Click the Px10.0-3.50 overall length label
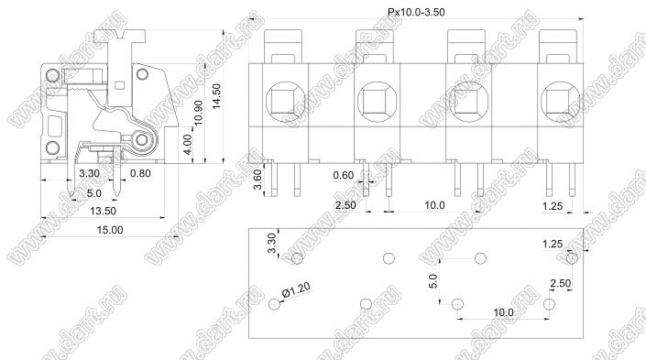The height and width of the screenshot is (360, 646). tap(416, 12)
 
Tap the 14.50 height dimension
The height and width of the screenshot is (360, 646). tap(216, 96)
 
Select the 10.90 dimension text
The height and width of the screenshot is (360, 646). tap(198, 113)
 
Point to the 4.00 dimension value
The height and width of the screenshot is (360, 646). tap(187, 145)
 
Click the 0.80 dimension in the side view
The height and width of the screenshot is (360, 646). tap(140, 173)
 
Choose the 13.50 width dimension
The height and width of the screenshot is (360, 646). tap(103, 211)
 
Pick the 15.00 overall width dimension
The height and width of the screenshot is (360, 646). tap(110, 230)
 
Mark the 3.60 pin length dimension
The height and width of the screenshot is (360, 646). tap(257, 180)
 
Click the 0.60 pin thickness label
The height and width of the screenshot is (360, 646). tap(344, 176)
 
